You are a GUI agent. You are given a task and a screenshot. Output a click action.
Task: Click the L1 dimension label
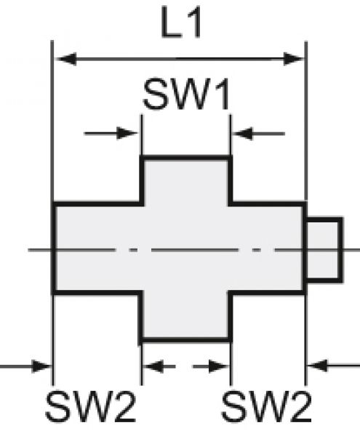click(x=180, y=25)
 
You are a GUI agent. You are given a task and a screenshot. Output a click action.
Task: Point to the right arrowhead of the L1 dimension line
click(x=296, y=59)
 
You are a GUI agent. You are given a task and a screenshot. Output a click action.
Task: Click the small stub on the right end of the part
click(x=324, y=249)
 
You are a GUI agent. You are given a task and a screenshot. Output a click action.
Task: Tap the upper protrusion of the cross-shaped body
click(x=185, y=180)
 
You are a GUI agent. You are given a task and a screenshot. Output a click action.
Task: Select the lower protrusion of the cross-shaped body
click(x=185, y=315)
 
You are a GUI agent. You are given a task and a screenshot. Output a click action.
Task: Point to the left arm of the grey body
click(x=97, y=249)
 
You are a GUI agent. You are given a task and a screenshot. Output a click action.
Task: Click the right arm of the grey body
click(x=267, y=249)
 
